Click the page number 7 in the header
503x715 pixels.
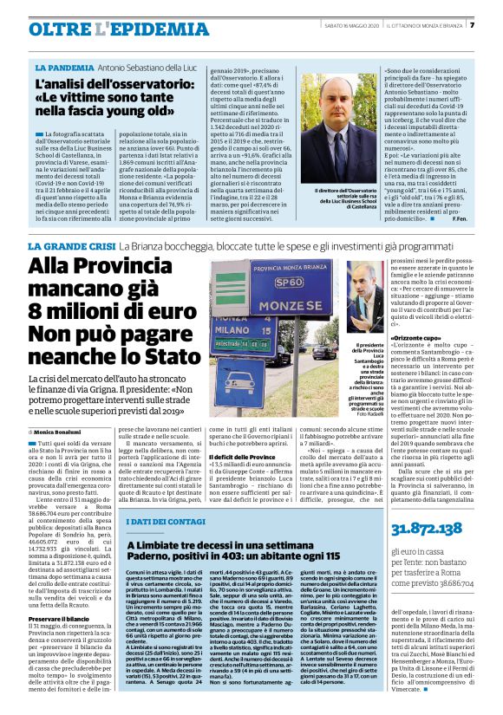494,24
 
